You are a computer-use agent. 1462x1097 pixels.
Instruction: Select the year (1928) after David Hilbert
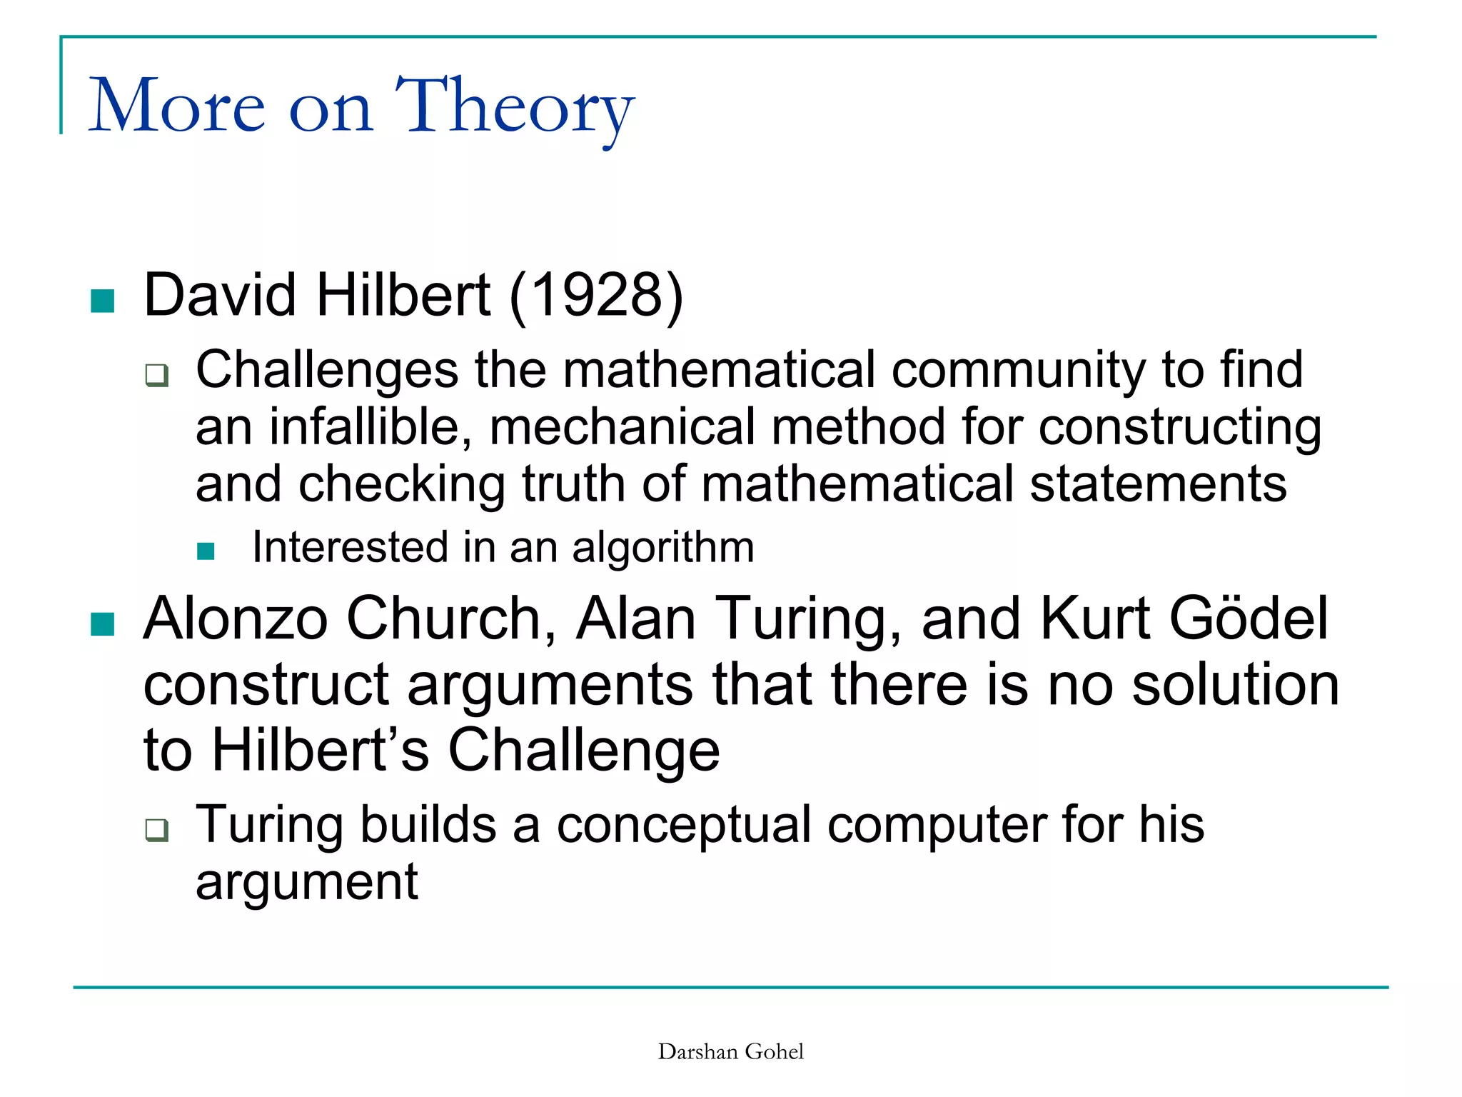tap(596, 296)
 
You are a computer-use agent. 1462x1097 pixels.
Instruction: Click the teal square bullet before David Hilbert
tap(103, 301)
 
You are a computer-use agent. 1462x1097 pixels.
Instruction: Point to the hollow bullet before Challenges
tap(156, 375)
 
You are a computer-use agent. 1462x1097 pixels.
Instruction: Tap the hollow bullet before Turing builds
tap(156, 830)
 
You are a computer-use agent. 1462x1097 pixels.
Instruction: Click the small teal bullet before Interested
tap(206, 551)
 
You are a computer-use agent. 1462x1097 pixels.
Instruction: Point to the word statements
tap(1158, 485)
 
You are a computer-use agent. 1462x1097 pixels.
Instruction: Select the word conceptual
tap(684, 826)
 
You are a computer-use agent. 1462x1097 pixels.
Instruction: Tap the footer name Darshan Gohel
tap(730, 1052)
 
